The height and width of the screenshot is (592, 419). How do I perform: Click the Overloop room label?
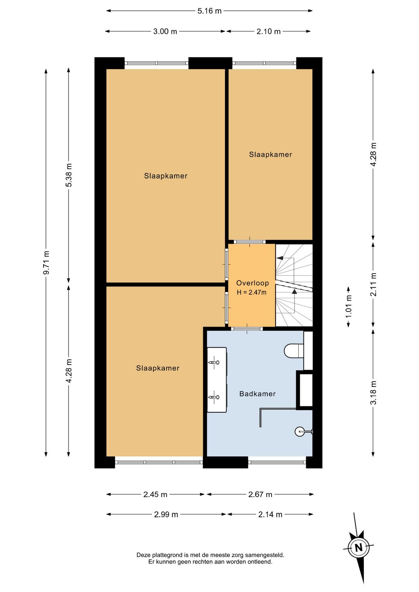(x=252, y=283)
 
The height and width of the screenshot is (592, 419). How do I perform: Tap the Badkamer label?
(x=257, y=394)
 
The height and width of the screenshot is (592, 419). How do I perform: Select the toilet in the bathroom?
(x=294, y=350)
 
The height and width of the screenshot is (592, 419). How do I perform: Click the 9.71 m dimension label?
(x=46, y=262)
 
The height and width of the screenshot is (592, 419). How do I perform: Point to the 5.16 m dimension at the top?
(x=209, y=11)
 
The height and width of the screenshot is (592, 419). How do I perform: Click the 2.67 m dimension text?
(x=260, y=495)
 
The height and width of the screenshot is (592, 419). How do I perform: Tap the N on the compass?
(x=358, y=547)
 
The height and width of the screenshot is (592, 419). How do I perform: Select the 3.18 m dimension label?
(x=373, y=393)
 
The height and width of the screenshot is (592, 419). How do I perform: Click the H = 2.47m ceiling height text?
(x=252, y=293)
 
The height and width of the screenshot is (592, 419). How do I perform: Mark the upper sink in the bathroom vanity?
(x=214, y=362)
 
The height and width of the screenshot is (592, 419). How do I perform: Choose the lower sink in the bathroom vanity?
(x=214, y=397)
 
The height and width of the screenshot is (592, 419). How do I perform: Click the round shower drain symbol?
(x=300, y=431)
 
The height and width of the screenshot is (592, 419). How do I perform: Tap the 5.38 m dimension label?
(x=69, y=175)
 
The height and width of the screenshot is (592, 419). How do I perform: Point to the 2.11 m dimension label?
(x=373, y=284)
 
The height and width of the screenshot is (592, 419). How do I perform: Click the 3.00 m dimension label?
(x=165, y=31)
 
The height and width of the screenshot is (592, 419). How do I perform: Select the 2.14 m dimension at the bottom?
(x=270, y=514)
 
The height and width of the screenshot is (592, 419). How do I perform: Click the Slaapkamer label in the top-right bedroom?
(x=270, y=155)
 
